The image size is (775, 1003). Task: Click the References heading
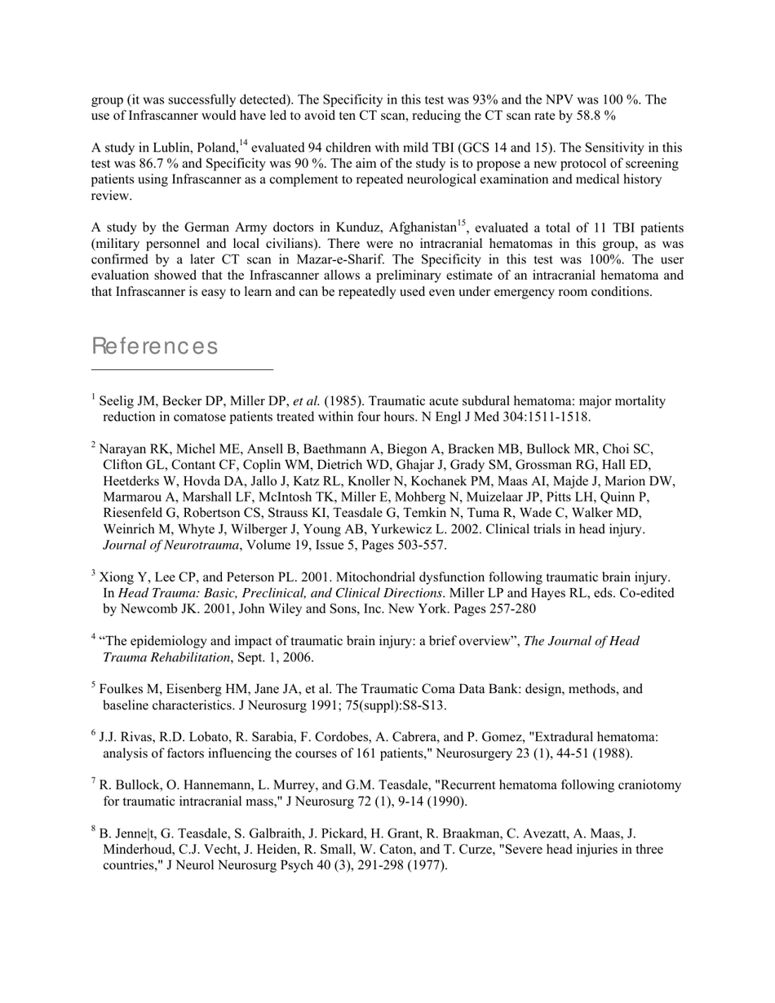[x=155, y=347]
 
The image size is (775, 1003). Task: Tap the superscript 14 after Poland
[x=242, y=144]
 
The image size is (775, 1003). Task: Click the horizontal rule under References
[x=182, y=369]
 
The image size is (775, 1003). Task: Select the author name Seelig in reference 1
[x=116, y=401]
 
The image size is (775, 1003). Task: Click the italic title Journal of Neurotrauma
[x=171, y=545]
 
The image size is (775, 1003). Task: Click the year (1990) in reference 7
[x=445, y=802]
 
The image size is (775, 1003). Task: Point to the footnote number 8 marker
[x=94, y=829]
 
